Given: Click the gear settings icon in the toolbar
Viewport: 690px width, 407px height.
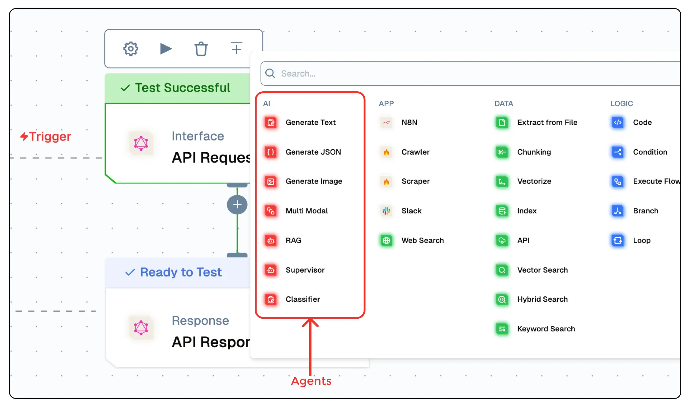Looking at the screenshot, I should click(x=131, y=49).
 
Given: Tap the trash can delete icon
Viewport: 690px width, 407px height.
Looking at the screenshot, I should click(x=201, y=49).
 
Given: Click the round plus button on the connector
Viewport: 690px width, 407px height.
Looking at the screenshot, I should click(x=237, y=205).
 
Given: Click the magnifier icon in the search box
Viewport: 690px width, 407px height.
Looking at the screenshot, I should click(x=270, y=73).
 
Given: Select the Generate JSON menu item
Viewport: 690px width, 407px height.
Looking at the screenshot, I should click(x=313, y=152).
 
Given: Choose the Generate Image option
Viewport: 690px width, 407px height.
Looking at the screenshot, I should click(x=314, y=181).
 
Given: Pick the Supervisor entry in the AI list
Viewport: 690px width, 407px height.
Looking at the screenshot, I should click(x=305, y=270).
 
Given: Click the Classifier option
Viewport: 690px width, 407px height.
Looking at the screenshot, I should click(x=303, y=299).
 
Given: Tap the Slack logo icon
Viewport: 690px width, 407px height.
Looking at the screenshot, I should click(x=386, y=211).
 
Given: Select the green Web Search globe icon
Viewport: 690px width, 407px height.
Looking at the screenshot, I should click(x=386, y=240).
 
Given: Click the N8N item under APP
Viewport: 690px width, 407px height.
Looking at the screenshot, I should click(x=409, y=122).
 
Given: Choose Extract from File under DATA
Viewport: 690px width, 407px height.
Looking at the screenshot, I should click(x=547, y=122).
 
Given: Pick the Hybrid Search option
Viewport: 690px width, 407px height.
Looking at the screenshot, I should click(x=542, y=299).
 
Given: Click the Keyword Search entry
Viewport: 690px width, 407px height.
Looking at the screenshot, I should click(x=546, y=329).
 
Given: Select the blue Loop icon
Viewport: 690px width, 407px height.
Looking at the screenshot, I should click(x=618, y=240).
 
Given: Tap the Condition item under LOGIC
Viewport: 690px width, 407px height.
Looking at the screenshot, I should click(x=650, y=152).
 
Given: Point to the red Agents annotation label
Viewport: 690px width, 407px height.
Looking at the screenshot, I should click(x=311, y=381).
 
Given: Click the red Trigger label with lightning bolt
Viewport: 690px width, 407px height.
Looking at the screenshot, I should click(x=46, y=137).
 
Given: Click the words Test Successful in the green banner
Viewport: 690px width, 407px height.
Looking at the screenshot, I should click(x=183, y=88).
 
